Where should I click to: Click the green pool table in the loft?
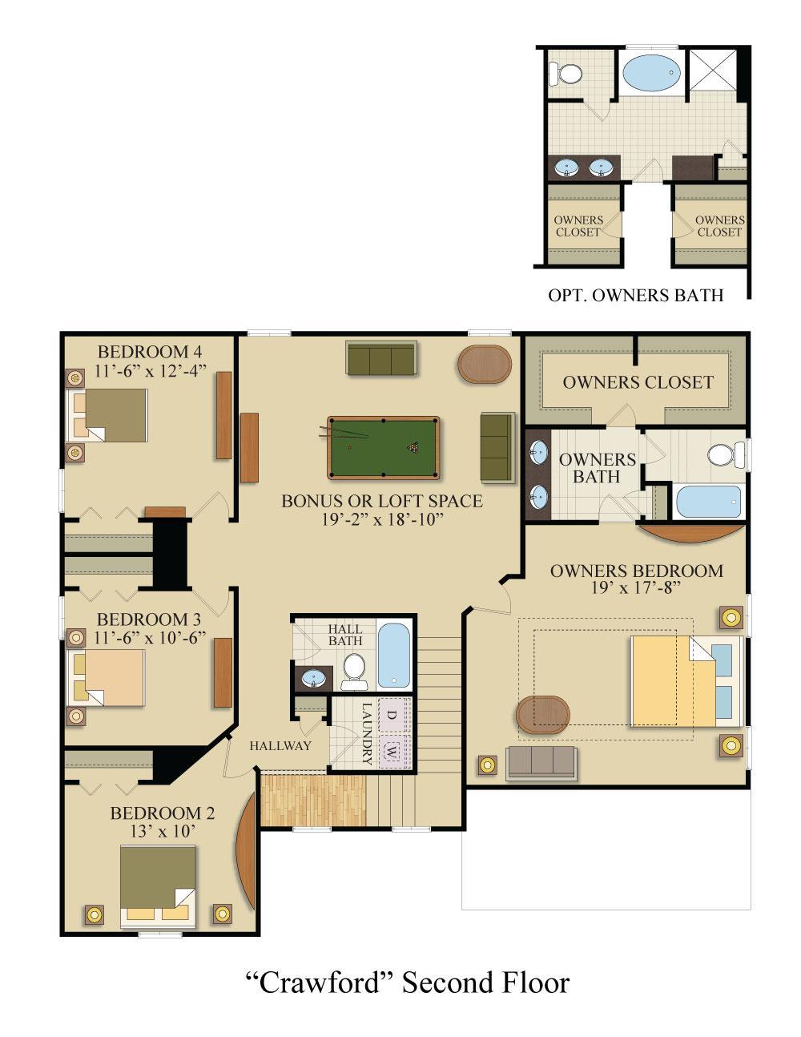tap(384, 448)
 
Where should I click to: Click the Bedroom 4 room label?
tap(150, 352)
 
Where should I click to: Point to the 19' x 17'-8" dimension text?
tap(636, 587)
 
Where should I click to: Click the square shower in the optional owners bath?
tap(713, 69)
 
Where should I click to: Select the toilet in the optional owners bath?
tap(566, 74)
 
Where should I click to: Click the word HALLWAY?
tap(280, 745)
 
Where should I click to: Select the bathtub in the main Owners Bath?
tap(708, 501)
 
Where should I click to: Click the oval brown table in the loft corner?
tap(485, 364)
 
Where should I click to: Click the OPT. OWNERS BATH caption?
tap(635, 295)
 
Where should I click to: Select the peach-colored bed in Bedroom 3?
tap(106, 677)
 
